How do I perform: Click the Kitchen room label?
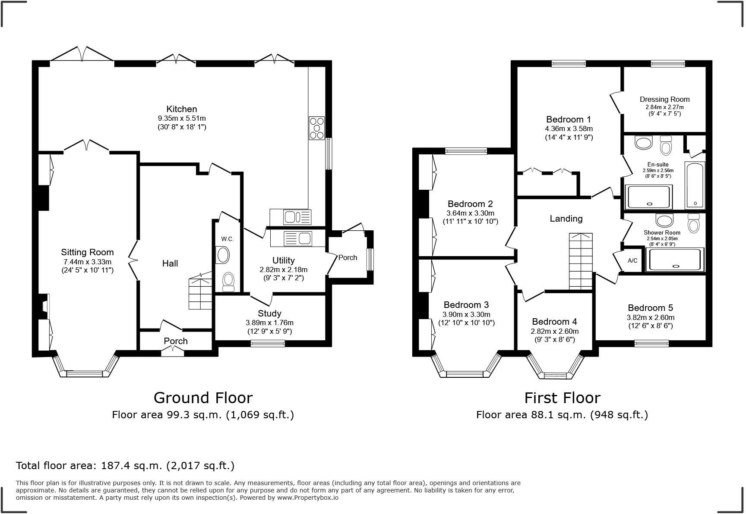(182, 109)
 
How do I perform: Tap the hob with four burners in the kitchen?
(316, 128)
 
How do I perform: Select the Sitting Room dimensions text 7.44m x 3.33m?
(87, 262)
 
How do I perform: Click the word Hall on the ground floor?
(170, 263)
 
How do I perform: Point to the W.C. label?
(228, 239)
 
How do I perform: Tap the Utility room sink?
(297, 238)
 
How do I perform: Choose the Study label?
(269, 313)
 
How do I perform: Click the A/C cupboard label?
(632, 260)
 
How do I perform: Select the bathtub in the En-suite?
(695, 185)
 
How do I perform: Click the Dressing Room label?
(665, 99)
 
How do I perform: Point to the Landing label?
(566, 219)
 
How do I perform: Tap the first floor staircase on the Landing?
(581, 261)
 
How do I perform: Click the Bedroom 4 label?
(554, 322)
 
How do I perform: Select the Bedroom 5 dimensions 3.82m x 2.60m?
(651, 317)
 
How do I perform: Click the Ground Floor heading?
(203, 397)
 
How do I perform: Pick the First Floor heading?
(562, 397)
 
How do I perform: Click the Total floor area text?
(125, 466)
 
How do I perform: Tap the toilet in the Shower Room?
(694, 223)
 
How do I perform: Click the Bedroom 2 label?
(470, 204)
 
